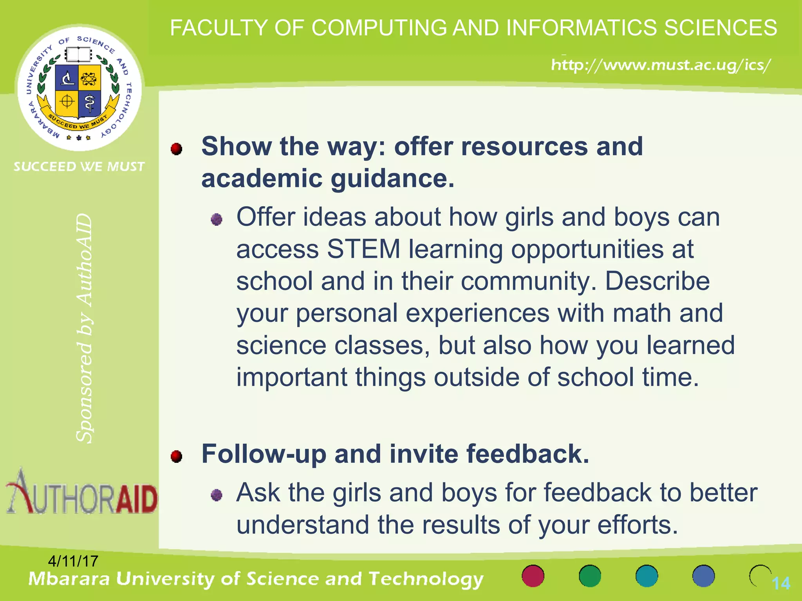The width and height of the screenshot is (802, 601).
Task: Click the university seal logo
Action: pos(79,88)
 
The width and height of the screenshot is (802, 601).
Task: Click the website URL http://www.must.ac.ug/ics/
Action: pos(661,65)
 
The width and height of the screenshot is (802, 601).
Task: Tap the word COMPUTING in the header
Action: pos(379,28)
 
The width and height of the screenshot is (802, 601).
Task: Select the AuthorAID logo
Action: pos(81,493)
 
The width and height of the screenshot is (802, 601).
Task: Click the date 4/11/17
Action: pos(73,561)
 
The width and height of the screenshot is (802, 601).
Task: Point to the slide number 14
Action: pos(781,583)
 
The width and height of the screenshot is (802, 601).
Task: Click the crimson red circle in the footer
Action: pos(533,576)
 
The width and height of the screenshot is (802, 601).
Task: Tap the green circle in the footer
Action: pos(590,576)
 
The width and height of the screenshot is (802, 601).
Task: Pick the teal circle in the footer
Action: pos(647,576)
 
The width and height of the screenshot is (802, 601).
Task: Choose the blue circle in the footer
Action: pos(703,576)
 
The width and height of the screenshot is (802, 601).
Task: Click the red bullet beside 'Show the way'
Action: pos(177,149)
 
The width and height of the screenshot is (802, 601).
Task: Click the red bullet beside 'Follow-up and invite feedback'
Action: pos(177,456)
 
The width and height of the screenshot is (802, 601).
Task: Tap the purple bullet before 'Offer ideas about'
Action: pos(217,220)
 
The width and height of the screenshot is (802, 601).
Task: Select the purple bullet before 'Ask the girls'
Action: pos(217,495)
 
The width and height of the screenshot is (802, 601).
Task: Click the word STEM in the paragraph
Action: pos(364,249)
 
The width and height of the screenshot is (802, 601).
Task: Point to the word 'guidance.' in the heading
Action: pos(392,179)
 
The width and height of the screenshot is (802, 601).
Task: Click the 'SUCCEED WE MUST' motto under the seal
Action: pos(79,167)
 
